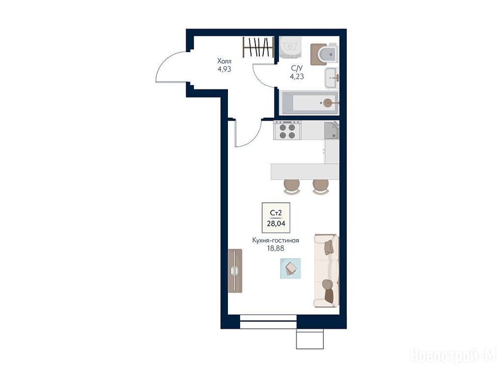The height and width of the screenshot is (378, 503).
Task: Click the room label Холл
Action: pos(224,61)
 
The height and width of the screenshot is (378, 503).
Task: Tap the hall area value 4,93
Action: pos(224,69)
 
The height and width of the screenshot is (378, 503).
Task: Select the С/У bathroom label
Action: pos(297,68)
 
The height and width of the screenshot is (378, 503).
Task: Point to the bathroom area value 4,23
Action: pos(297,76)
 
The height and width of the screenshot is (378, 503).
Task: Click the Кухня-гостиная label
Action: pos(276,240)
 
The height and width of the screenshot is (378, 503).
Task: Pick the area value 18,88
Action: pos(276,248)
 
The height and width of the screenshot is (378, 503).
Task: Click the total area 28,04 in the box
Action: pos(276,223)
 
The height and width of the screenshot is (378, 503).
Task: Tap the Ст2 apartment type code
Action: pos(276,213)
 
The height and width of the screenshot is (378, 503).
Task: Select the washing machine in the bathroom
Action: pos(291,47)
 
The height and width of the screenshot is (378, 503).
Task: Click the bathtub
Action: pos(309,103)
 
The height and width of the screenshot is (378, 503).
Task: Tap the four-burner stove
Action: pos(287,130)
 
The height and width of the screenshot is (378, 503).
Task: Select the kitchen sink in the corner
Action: pos(332,130)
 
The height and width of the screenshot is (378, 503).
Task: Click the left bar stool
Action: pos(292,187)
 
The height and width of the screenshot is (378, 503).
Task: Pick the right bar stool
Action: pos(321,187)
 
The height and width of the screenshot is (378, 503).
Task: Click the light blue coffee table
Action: pos(291,268)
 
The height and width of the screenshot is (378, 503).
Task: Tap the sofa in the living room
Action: pos(326,270)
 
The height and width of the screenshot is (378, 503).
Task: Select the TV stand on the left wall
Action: pos(235,271)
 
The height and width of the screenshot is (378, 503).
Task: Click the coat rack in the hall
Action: pos(258,47)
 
